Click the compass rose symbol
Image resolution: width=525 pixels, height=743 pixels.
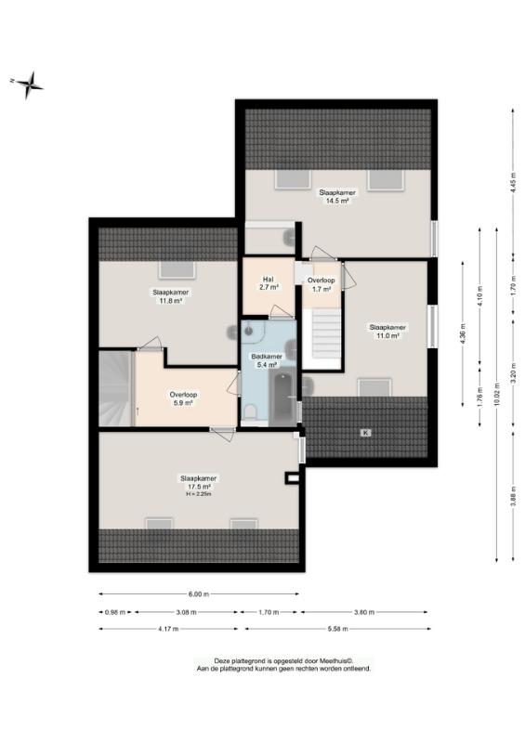[30, 85]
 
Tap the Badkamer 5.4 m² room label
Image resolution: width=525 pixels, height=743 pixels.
[267, 360]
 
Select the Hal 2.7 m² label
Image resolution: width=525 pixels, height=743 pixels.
[269, 283]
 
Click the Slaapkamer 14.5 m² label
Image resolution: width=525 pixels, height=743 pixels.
[337, 197]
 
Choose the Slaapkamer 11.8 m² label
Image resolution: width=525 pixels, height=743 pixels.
[171, 296]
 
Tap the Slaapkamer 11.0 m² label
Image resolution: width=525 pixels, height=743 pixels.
[387, 332]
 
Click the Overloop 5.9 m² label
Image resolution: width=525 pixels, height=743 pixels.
[183, 398]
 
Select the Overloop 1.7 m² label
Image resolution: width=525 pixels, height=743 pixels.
[322, 284]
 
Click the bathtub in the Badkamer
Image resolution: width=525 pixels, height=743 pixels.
[283, 398]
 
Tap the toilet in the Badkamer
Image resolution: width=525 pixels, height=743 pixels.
[249, 412]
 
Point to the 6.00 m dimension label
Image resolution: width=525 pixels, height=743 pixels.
[199, 593]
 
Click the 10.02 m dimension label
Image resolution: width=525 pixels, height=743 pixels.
[496, 392]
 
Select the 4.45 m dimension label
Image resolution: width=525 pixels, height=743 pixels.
[513, 181]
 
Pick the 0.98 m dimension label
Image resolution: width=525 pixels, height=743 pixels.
[115, 612]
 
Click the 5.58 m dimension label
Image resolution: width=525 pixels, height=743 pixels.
[337, 629]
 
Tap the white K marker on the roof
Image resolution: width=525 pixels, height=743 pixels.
[365, 432]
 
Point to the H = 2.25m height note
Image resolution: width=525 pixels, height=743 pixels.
[198, 494]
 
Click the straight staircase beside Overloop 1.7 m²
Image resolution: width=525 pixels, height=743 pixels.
[326, 334]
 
